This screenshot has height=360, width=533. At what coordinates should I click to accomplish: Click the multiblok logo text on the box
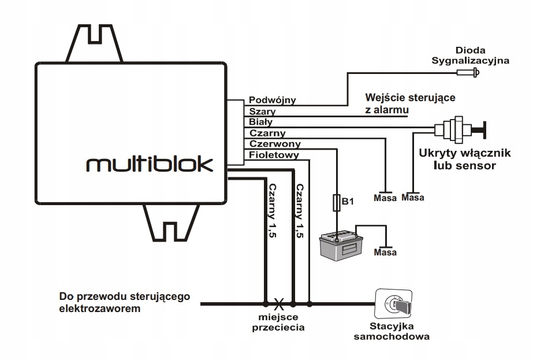tap(149, 164)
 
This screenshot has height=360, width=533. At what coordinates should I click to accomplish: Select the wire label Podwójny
tap(272, 100)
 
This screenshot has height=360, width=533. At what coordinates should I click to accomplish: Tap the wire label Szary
tap(262, 111)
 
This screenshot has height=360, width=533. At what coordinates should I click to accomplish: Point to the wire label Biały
tap(261, 122)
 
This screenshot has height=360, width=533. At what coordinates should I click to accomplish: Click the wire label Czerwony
tap(275, 144)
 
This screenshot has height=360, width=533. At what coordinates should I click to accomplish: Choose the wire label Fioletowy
tap(274, 155)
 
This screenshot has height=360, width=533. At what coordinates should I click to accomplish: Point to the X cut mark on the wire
tap(279, 303)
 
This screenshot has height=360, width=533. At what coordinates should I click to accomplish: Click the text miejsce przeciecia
tap(279, 322)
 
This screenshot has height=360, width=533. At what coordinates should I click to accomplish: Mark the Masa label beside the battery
tap(385, 253)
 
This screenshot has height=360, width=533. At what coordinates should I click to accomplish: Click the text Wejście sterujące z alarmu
tap(410, 102)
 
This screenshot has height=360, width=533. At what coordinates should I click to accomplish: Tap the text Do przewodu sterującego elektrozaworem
tap(125, 303)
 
